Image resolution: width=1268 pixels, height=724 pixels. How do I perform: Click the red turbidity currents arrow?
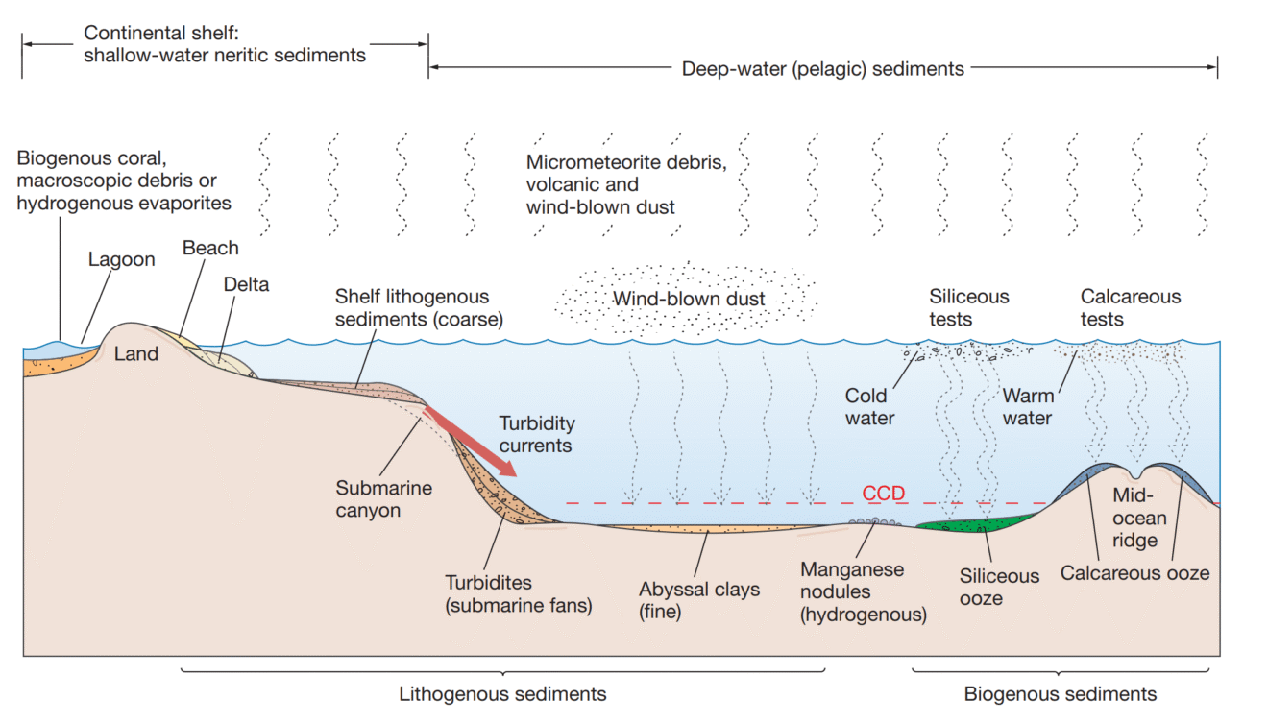[x=470, y=442]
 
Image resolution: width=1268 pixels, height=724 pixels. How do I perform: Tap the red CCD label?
[x=883, y=493]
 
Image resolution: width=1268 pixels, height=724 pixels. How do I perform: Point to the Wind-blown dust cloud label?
[x=689, y=299]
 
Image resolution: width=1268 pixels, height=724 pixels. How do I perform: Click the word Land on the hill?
[x=136, y=354]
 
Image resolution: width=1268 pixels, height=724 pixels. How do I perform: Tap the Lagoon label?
[x=122, y=260]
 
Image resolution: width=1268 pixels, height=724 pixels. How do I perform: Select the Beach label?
[x=210, y=248]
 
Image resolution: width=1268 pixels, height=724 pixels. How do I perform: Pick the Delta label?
[x=246, y=284]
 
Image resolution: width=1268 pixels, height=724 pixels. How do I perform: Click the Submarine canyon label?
[x=383, y=499]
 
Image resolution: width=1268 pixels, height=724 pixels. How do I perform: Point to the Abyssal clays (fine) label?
[x=699, y=600]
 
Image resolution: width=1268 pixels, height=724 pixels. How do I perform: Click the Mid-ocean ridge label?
[x=1139, y=519]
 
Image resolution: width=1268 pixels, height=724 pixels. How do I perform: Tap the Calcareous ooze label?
[x=1134, y=573]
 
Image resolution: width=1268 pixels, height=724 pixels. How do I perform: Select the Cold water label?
[x=869, y=407]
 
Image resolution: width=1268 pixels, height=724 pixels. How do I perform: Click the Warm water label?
[x=1027, y=407]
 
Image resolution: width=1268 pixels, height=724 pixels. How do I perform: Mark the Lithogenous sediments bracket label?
[x=502, y=694]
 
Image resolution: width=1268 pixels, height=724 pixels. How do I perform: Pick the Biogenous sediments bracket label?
[x=1061, y=694]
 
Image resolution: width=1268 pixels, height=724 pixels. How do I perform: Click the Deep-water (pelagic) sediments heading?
[x=822, y=69]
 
